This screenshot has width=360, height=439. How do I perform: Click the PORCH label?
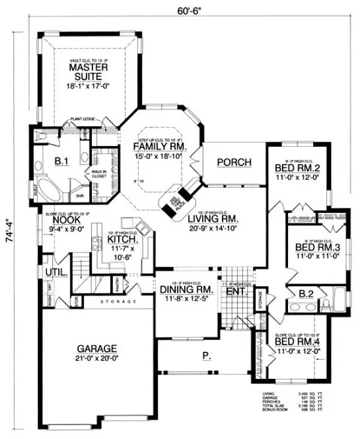click(x=231, y=162)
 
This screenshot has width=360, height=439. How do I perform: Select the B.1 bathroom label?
click(x=61, y=160)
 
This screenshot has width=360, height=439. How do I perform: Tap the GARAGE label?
click(x=96, y=348)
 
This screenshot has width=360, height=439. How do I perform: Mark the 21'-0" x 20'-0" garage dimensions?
click(x=96, y=358)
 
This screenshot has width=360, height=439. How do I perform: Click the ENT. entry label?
click(x=235, y=290)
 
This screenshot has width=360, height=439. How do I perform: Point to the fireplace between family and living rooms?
click(x=180, y=200)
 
